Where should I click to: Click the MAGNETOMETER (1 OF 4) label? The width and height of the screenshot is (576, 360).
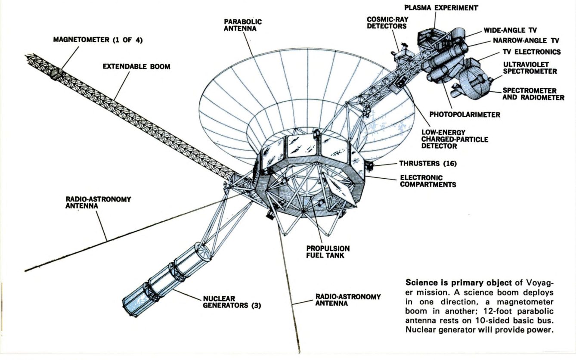tap(98, 40)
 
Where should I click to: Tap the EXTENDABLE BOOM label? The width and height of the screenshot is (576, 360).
tap(136, 67)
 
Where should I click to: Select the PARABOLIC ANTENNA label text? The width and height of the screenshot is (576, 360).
tap(242, 25)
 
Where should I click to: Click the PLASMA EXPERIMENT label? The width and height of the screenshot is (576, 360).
tap(441, 8)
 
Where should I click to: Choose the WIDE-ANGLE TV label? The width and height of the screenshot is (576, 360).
tap(510, 31)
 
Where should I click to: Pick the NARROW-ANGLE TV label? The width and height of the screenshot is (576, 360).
tap(526, 41)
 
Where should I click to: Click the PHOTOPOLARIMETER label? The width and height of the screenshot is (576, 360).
tap(465, 115)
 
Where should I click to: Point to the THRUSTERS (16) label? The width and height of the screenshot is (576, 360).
tap(427, 164)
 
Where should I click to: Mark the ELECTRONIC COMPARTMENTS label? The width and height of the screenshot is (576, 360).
tap(428, 181)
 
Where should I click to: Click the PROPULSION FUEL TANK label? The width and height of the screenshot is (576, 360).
tap(328, 252)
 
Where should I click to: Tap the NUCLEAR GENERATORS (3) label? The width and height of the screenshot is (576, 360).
tap(232, 302)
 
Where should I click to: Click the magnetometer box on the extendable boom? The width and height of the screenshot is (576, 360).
tap(56, 74)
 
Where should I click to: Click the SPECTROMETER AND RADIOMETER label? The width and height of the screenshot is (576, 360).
tap(533, 94)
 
